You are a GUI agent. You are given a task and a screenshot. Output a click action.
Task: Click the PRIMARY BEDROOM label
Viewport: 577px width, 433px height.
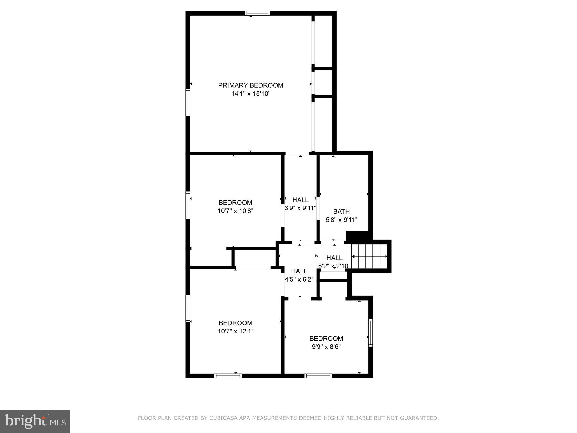tap(250, 85)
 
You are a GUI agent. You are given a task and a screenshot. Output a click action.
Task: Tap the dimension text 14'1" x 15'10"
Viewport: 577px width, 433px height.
tap(251, 94)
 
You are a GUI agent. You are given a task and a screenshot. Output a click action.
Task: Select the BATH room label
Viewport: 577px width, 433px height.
tap(341, 211)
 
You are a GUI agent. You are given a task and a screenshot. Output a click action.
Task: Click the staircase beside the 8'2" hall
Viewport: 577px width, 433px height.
tap(369, 256)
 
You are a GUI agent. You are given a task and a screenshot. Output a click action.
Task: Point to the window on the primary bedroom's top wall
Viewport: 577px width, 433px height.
tap(257, 13)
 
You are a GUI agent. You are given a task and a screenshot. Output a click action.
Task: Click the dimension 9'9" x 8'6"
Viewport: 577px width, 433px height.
tap(326, 347)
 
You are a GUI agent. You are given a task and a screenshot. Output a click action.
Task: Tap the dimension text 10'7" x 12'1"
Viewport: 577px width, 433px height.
tap(236, 331)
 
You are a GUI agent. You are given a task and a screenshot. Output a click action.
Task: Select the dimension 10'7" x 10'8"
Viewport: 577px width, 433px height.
tap(236, 211)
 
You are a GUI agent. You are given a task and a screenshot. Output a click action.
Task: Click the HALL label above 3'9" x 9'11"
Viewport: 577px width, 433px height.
tap(300, 200)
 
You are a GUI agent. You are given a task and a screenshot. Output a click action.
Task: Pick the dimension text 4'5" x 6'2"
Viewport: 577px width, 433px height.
tap(299, 280)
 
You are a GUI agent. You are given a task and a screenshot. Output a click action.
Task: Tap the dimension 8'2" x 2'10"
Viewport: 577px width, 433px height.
tap(334, 266)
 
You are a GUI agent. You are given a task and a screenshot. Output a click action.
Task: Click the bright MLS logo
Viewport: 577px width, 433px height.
tap(35, 421)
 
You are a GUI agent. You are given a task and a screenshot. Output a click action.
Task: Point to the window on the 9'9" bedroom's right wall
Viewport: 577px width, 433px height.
tap(370, 333)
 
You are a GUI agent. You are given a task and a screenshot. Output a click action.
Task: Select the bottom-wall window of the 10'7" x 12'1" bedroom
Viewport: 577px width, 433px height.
tap(228, 375)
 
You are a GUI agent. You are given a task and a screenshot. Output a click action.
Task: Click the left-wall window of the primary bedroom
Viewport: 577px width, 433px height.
tap(188, 102)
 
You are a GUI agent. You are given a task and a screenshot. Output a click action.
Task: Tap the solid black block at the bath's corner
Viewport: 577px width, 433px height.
tap(357, 236)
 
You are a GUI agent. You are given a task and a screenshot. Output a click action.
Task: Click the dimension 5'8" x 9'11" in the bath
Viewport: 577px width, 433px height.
tap(341, 220)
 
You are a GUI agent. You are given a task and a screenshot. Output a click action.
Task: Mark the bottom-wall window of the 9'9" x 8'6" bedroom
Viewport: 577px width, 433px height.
tap(318, 375)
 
